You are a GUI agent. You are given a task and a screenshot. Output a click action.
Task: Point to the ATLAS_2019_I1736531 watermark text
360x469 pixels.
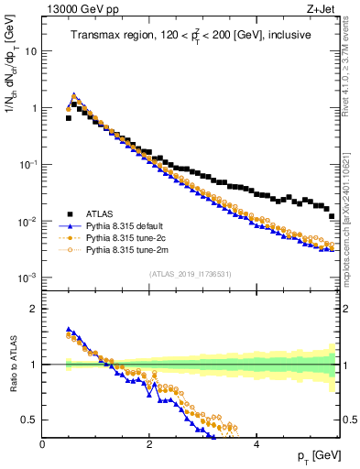coord(191,274)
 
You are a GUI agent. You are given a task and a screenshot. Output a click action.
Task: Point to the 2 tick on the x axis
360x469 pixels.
coord(149,443)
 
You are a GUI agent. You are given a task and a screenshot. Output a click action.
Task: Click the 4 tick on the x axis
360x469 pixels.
coord(256,443)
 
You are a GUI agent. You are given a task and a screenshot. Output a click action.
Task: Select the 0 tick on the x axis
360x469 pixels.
coord(43,443)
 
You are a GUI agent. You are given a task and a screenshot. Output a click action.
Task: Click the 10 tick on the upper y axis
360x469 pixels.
coord(31,51)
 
